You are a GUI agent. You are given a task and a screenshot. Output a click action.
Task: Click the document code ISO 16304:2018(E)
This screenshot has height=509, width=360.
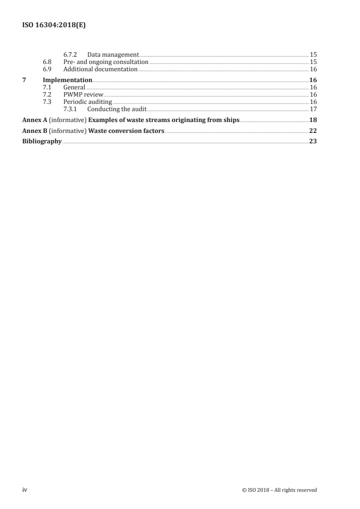tap(54, 26)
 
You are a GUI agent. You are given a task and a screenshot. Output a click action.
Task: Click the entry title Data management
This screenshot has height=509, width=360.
tap(113, 55)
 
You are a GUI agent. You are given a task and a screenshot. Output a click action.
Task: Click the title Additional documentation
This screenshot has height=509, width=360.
tap(100, 69)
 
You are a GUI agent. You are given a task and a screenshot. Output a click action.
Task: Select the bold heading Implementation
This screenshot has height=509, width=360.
tap(67, 80)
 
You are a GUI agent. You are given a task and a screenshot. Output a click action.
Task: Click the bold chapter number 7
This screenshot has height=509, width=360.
tap(24, 80)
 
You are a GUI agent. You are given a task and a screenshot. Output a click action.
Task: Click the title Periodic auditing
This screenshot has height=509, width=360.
tap(88, 102)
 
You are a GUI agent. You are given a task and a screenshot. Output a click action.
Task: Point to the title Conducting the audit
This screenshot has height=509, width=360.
tap(117, 109)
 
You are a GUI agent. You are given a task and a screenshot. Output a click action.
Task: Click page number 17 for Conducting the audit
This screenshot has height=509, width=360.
tap(313, 109)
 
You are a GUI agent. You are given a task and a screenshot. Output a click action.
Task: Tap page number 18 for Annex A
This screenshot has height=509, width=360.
tap(313, 120)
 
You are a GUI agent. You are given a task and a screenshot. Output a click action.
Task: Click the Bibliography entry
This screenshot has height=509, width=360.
tap(42, 142)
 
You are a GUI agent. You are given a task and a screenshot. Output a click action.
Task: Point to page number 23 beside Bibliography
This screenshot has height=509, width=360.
tap(313, 142)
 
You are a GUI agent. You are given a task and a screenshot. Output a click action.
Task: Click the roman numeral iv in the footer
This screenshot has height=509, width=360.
tap(25, 490)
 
